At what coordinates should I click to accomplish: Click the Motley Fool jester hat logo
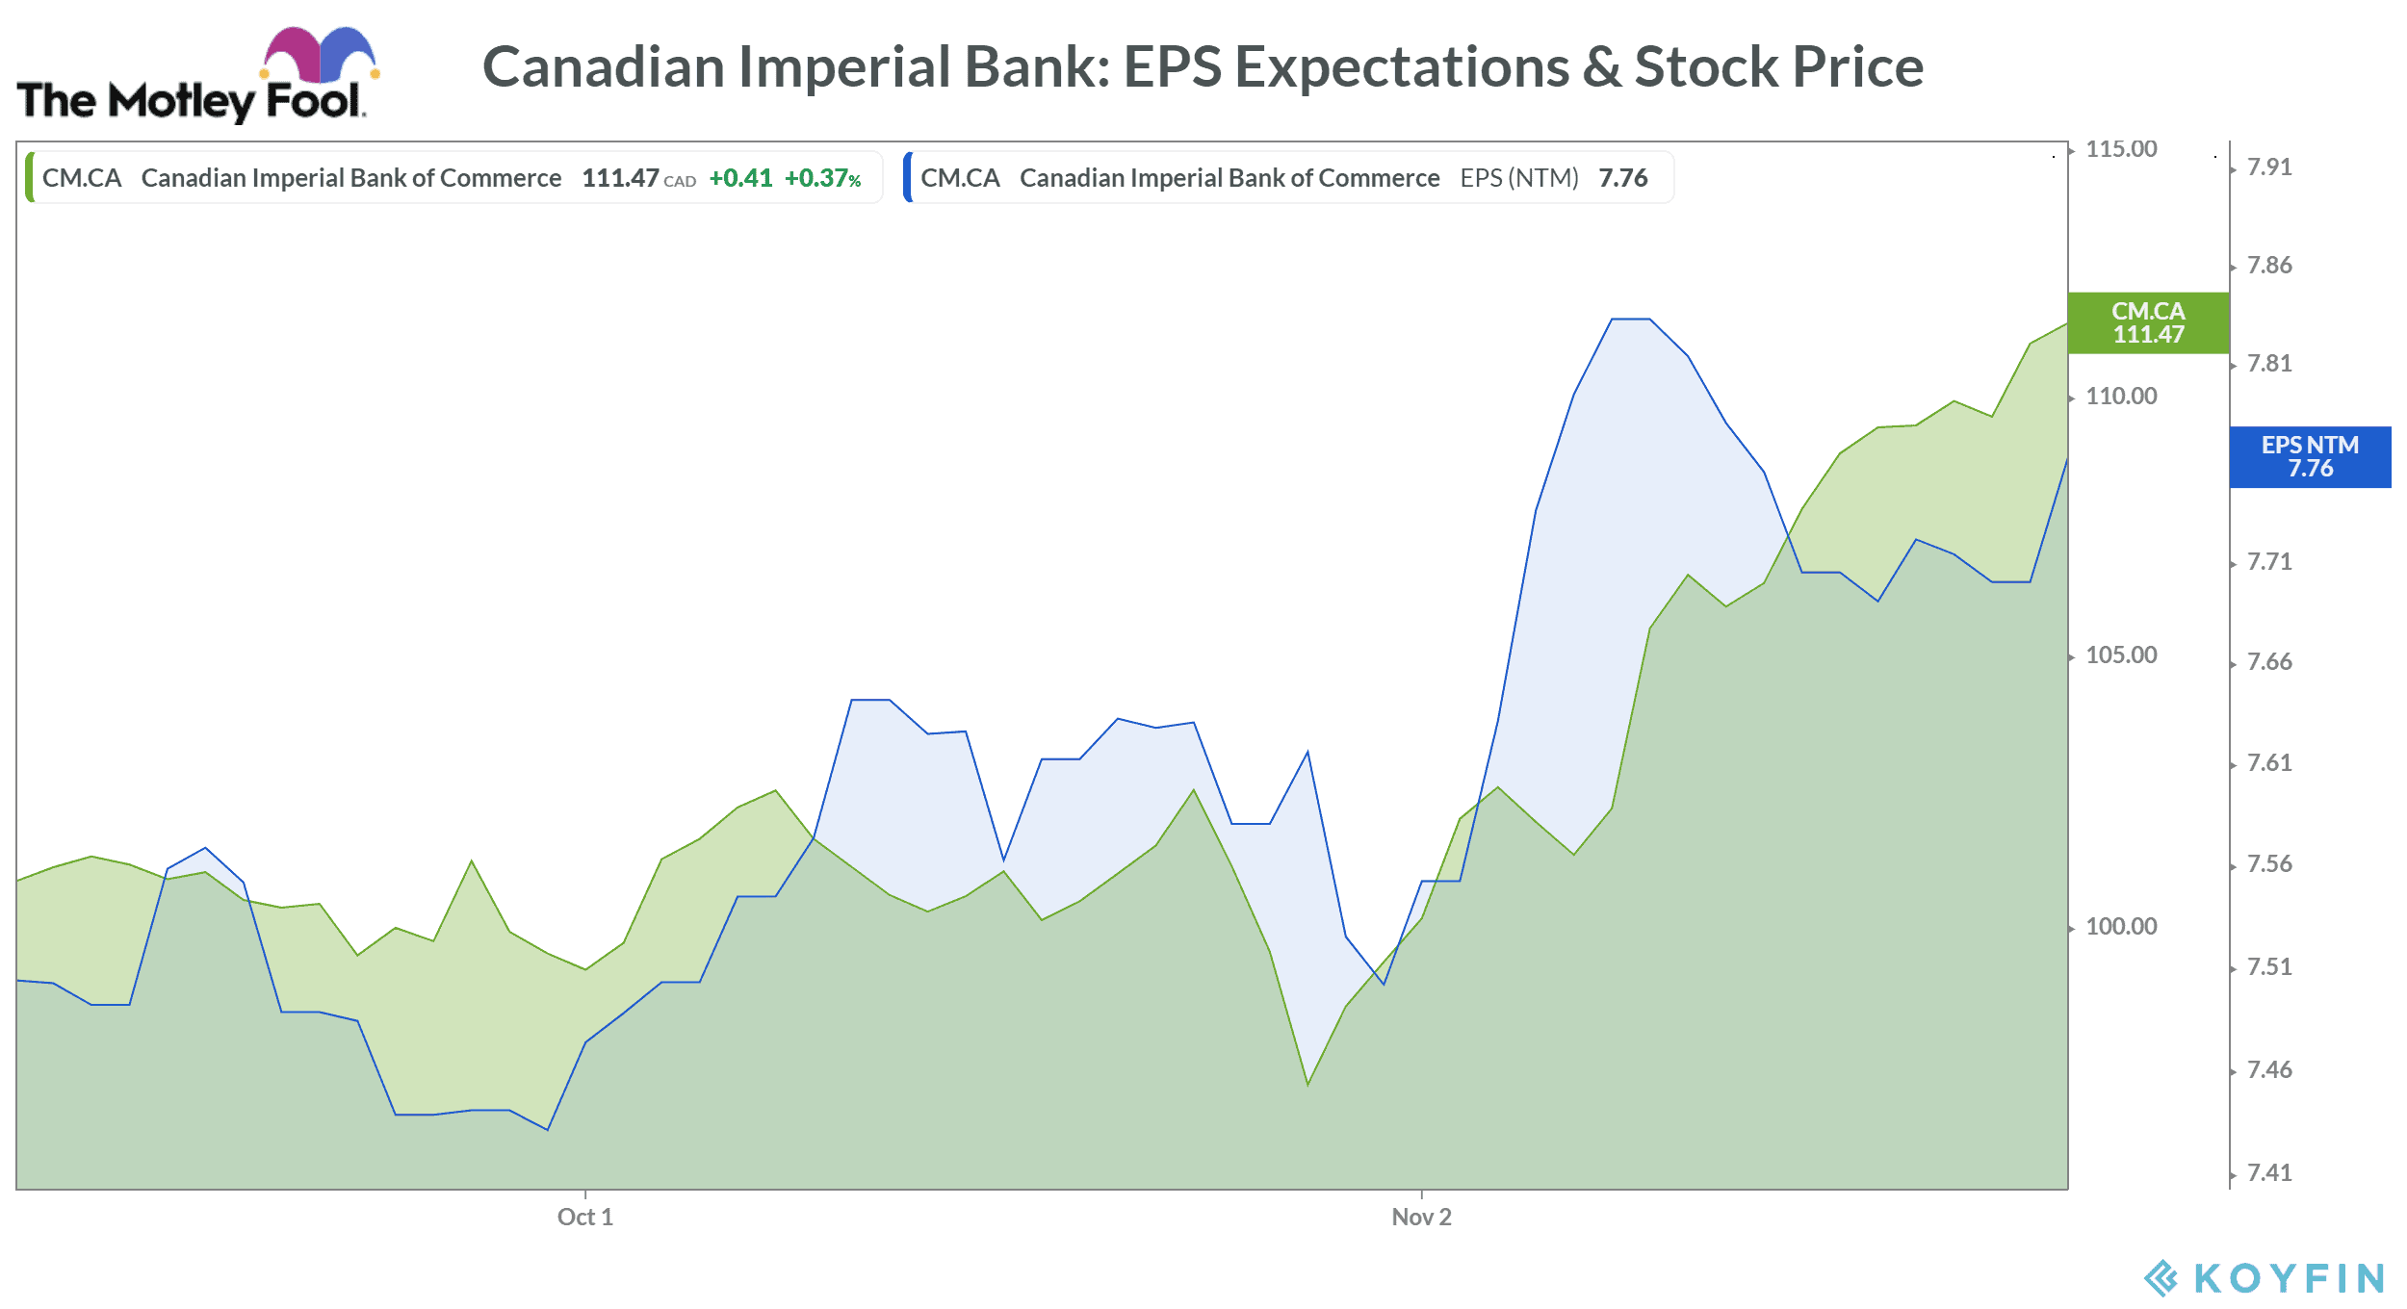pos(319,56)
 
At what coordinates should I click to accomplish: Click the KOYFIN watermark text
pos(2288,1278)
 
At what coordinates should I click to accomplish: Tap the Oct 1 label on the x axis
pos(584,1217)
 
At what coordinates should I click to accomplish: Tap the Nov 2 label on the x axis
pos(1421,1217)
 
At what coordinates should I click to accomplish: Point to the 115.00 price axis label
pos(2121,149)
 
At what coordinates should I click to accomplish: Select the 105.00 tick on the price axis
pos(2121,655)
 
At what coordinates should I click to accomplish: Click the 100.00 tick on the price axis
pos(2121,927)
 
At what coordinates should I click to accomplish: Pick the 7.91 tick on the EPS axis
pos(2269,167)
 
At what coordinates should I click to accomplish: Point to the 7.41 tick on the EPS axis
pos(2269,1172)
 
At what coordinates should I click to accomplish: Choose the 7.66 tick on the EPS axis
pos(2269,662)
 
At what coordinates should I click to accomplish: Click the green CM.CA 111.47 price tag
pos(2148,322)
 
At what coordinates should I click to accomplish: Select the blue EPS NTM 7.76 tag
pos(2310,457)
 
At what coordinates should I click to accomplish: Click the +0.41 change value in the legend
pos(740,178)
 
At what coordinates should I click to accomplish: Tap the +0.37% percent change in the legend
pos(822,178)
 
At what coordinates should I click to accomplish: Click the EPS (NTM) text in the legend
pos(1519,178)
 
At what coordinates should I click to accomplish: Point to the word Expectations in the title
pos(1402,67)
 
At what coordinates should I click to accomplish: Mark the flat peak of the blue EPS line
pos(1630,319)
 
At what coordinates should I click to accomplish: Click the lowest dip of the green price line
pos(1307,1085)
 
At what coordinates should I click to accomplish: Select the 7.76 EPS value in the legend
pos(1623,178)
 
